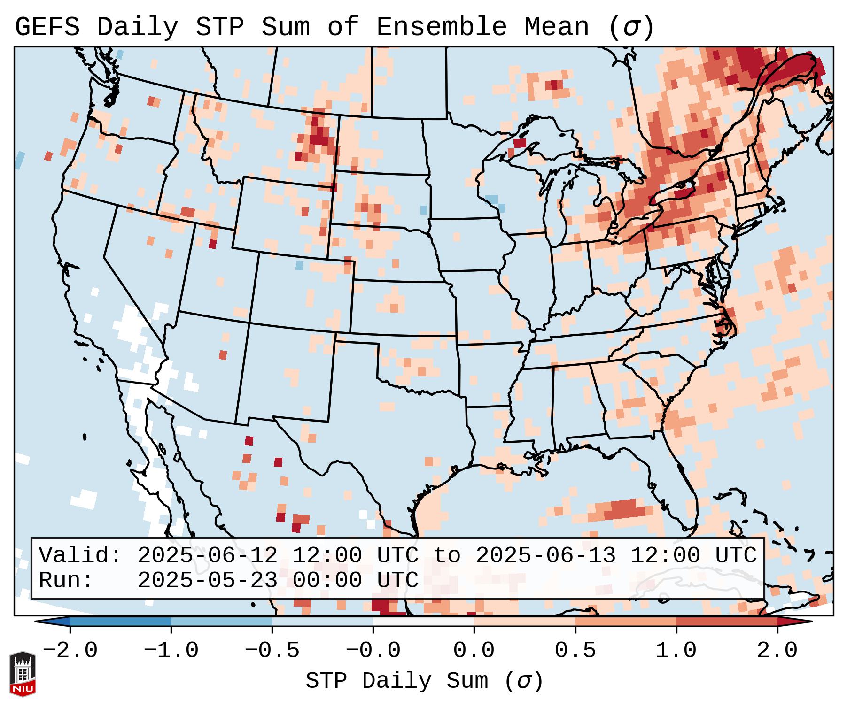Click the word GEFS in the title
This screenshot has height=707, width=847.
[x=47, y=27]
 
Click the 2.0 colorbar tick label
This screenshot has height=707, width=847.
[x=777, y=651]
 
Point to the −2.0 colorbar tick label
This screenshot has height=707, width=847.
[x=70, y=651]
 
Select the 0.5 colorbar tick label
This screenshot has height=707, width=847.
[x=575, y=651]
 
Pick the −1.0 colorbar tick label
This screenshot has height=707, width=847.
[x=171, y=651]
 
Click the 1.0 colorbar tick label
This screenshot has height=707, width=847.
[x=676, y=651]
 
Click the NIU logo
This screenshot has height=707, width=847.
[x=23, y=674]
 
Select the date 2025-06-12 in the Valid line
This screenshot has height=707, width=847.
[x=207, y=556]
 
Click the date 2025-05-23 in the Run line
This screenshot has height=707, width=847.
[x=207, y=580]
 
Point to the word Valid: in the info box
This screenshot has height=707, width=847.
[x=80, y=556]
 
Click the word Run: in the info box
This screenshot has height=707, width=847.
[x=66, y=580]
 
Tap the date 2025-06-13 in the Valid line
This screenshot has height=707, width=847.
[x=545, y=556]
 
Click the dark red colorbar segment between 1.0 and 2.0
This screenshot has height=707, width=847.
[x=727, y=622]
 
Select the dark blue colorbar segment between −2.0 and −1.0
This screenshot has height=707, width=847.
[x=120, y=622]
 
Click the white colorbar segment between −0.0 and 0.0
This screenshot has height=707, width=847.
[x=423, y=622]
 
